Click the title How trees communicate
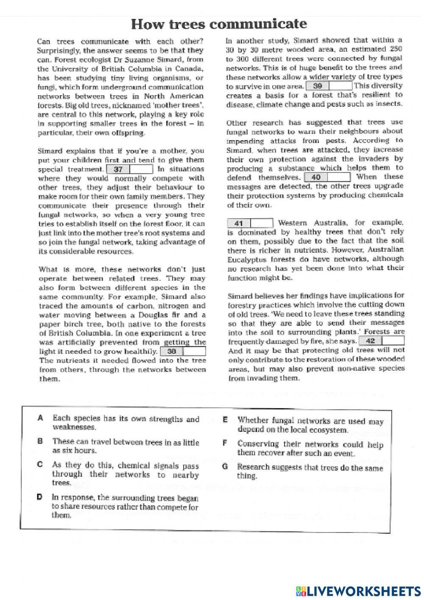pos(219,24)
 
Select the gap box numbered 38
pos(183,351)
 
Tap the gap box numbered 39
pos(329,86)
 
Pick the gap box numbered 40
pos(327,177)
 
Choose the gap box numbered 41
pos(250,223)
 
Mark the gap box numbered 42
pos(382,341)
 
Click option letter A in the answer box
pos(41,418)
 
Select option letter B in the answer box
pos(41,441)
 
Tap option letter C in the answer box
pos(41,465)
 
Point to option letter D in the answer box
pos(39,496)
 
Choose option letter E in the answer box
pos(226,420)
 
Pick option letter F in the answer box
pos(226,443)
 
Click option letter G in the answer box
pos(226,467)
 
